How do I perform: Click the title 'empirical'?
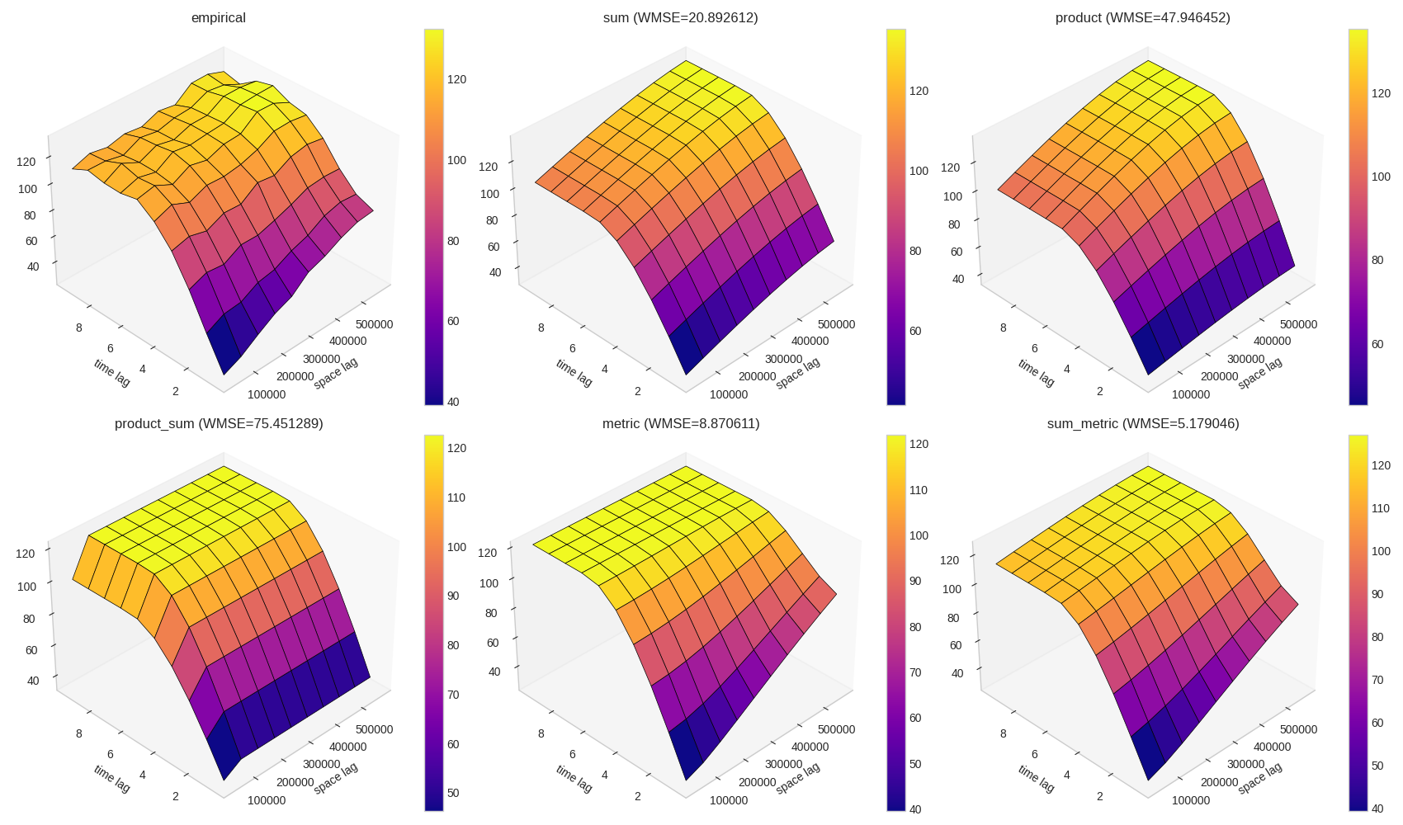tap(218, 17)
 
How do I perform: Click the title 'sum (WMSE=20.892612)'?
tap(680, 17)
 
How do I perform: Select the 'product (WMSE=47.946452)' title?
tap(1142, 17)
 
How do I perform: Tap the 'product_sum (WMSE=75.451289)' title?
tap(219, 423)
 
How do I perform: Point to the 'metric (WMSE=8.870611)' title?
tap(681, 423)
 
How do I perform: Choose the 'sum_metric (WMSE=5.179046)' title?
tap(1143, 423)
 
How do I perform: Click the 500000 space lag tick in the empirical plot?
tap(374, 324)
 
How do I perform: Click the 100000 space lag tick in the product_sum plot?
tap(267, 800)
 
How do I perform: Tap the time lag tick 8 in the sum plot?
tap(541, 328)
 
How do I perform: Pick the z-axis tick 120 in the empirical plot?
tap(26, 162)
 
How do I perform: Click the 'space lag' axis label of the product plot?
tap(1260, 373)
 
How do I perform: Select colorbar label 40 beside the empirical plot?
tap(453, 402)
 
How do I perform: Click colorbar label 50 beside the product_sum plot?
tap(453, 794)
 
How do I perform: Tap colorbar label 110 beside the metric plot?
tap(919, 490)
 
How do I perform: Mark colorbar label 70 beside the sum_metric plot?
tap(1377, 680)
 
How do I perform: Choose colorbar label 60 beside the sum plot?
tap(915, 331)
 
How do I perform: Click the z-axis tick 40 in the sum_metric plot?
tap(957, 673)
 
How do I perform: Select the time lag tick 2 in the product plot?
tap(1100, 391)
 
